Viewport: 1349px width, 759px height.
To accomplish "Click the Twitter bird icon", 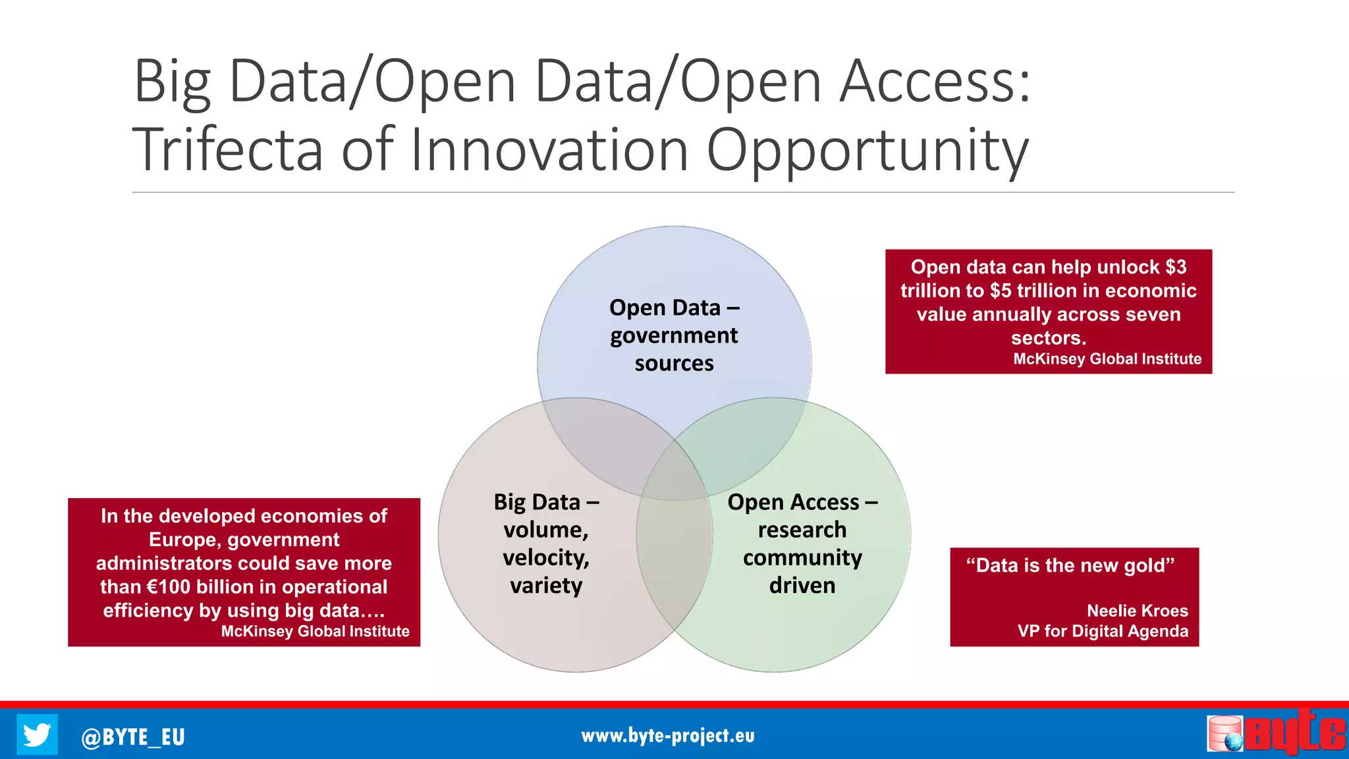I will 37,734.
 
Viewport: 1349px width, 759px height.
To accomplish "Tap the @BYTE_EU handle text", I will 133,737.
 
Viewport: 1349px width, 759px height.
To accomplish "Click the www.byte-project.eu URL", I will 667,736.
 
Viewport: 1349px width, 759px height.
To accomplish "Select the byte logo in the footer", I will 1277,733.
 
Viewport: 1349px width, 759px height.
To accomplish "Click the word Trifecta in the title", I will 227,150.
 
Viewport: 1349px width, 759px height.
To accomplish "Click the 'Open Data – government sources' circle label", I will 674,335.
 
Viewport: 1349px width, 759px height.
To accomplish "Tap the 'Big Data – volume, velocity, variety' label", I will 546,544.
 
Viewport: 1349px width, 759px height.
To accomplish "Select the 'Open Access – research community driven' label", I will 802,544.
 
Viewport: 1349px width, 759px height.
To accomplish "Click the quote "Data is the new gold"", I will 1070,565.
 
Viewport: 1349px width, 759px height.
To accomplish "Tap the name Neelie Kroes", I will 1137,611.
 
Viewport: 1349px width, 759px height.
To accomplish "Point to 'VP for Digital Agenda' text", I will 1103,631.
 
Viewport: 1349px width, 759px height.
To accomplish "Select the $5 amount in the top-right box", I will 1001,291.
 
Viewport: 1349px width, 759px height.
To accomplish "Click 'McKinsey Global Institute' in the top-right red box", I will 1107,359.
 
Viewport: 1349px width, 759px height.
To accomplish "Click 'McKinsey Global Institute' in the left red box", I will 315,631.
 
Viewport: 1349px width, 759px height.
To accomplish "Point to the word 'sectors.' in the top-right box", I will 1048,338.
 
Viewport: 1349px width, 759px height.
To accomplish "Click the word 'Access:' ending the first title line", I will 935,82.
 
